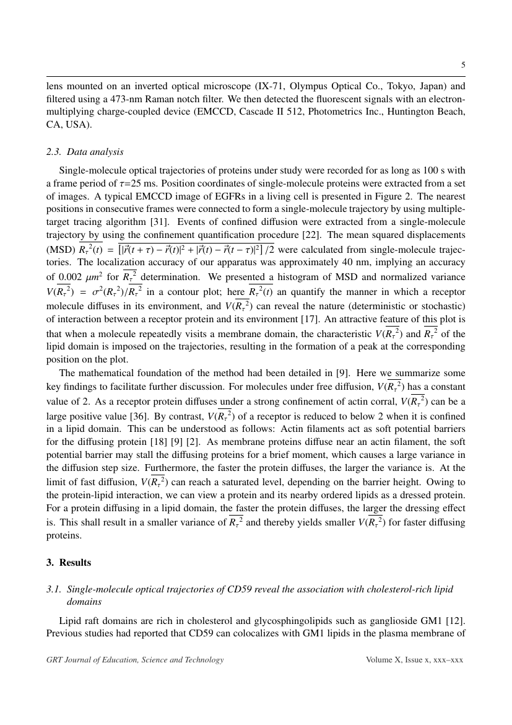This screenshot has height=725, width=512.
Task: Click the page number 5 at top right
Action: point(462,64)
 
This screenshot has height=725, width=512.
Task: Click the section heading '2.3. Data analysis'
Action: point(85,152)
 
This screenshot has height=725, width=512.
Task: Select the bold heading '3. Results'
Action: point(69,563)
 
